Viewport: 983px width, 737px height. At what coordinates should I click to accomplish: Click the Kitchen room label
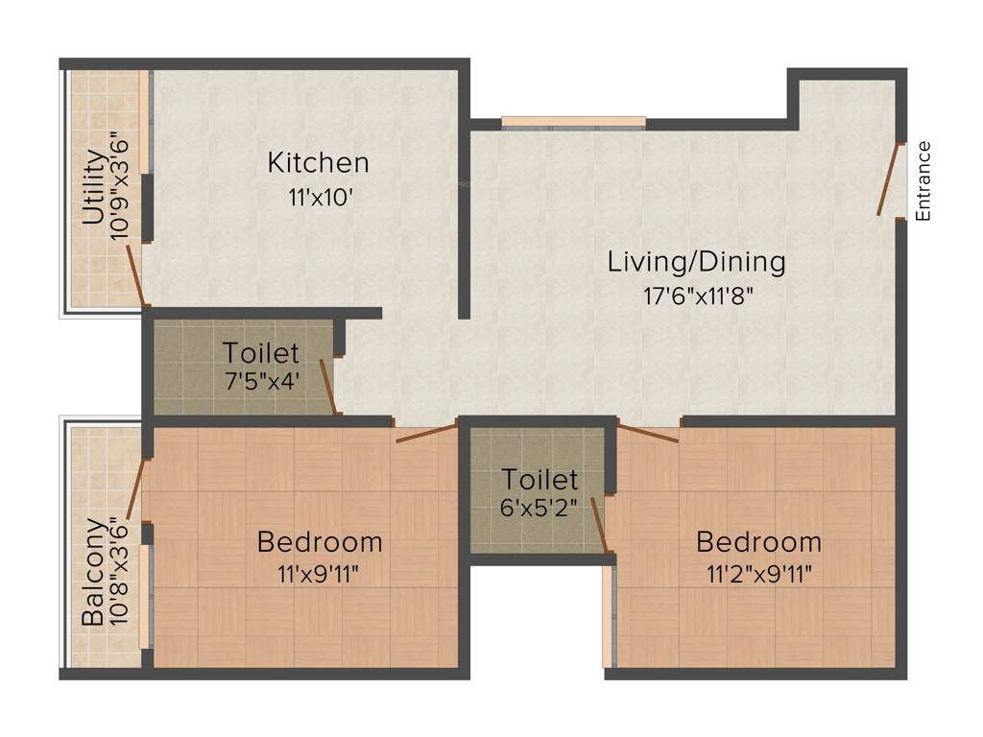coord(318,162)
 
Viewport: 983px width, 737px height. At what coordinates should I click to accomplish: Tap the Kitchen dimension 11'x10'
coord(318,198)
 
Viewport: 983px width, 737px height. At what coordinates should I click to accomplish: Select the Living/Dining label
coord(696,261)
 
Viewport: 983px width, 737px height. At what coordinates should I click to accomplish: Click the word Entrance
coord(923,181)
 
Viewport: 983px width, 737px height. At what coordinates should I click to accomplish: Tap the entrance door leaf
coord(890,179)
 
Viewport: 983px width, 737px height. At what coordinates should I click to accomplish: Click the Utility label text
coord(93,187)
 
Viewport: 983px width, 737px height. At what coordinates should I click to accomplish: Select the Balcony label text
coord(93,572)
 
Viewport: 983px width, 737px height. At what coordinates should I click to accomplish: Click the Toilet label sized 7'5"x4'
coord(261,353)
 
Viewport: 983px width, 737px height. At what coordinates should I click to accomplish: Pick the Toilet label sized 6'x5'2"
coord(540,479)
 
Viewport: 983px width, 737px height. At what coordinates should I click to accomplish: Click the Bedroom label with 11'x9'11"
coord(320,542)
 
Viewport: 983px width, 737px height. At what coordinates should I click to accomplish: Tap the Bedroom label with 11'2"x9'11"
coord(758,542)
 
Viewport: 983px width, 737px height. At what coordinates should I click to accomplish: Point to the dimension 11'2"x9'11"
coord(758,575)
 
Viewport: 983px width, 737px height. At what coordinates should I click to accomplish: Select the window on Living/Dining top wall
coord(573,122)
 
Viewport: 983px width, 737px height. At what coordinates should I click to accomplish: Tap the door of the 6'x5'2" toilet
coord(599,525)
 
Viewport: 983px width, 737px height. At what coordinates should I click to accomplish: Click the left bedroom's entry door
coord(425,434)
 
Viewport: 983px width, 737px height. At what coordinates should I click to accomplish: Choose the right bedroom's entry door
coord(649,433)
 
